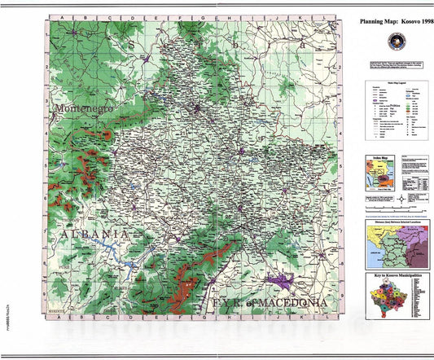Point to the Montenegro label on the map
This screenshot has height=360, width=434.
tap(81, 108)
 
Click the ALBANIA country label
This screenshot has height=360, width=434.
tap(90, 235)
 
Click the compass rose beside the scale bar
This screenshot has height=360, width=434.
tap(401, 200)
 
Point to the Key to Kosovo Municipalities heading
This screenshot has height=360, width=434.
tap(392, 276)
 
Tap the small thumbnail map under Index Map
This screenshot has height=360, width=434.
tap(375, 175)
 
